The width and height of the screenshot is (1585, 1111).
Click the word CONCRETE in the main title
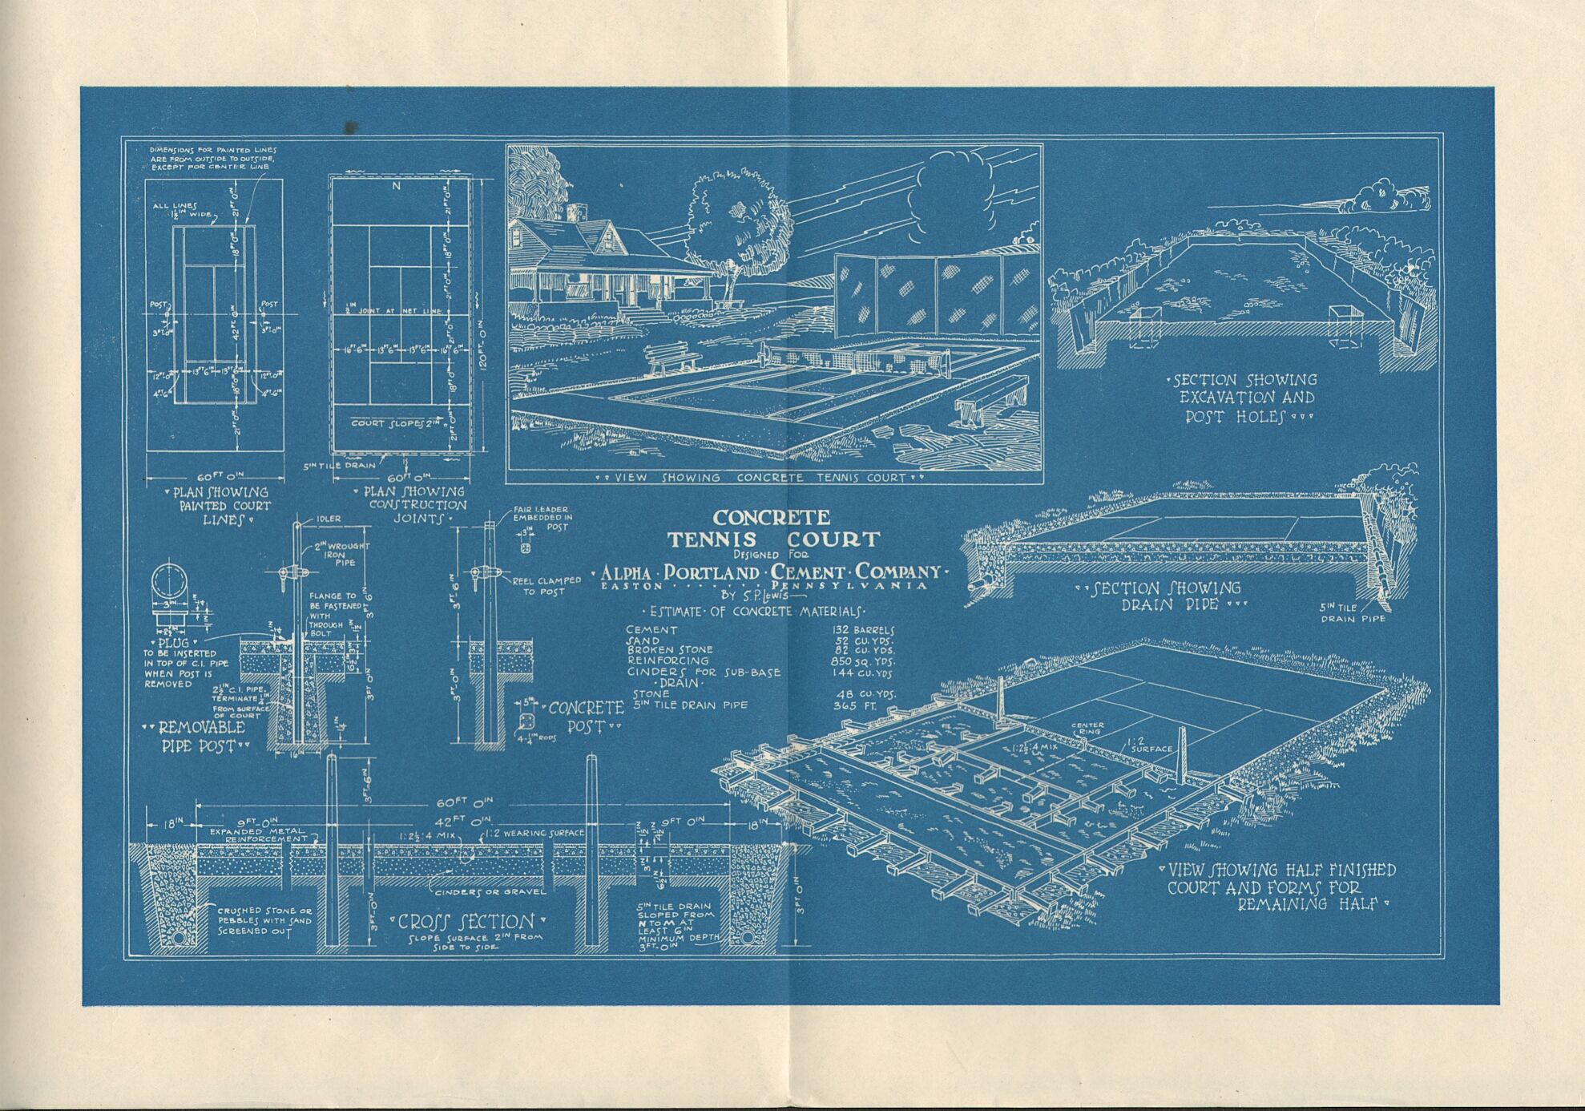[x=771, y=518]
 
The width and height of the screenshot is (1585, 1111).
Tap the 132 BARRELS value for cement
[x=864, y=630]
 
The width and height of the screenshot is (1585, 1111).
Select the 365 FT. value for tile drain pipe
[x=856, y=706]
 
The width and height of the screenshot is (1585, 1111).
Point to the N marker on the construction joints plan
[x=396, y=186]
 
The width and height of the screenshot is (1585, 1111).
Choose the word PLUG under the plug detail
[x=174, y=642]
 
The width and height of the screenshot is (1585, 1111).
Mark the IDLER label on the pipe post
[x=329, y=519]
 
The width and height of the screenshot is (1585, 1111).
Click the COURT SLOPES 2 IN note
[x=398, y=422]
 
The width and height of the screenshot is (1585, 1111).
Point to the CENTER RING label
[x=1087, y=729]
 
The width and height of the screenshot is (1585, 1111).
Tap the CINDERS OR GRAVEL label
[x=490, y=891]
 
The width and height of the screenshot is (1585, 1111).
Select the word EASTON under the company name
[x=632, y=586]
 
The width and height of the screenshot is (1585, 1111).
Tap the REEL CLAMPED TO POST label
[x=546, y=586]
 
